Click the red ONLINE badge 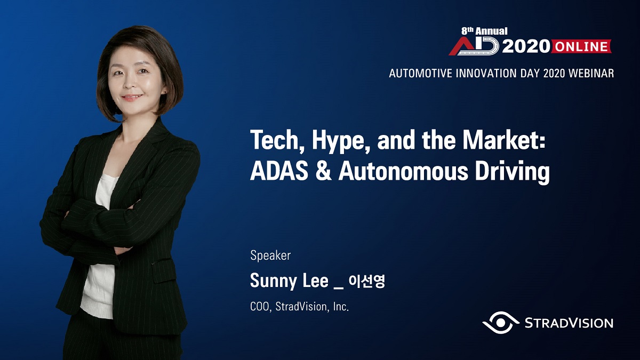[581, 46]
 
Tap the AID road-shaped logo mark [474, 46]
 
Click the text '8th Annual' [484, 31]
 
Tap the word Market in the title [504, 140]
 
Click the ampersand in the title [324, 171]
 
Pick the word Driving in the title [513, 173]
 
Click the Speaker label [270, 255]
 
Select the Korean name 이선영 [367, 281]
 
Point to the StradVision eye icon [501, 323]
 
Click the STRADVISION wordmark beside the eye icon [569, 323]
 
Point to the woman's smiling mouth [131, 97]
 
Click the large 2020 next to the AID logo [526, 46]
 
